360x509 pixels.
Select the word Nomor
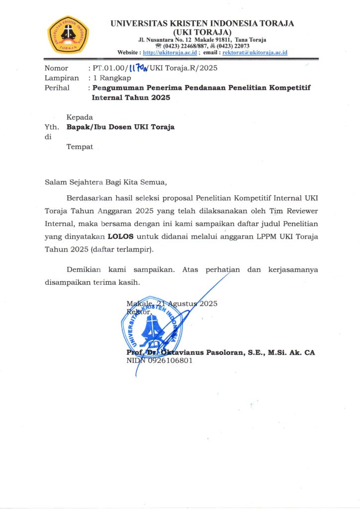(x=56, y=68)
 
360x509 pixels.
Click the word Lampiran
(x=62, y=78)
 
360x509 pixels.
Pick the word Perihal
(x=57, y=88)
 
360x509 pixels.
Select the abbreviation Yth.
(x=51, y=127)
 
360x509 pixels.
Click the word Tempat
(x=80, y=147)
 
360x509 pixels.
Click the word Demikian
(x=84, y=270)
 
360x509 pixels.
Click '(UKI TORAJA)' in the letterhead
(x=202, y=32)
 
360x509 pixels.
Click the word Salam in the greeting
(x=56, y=181)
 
